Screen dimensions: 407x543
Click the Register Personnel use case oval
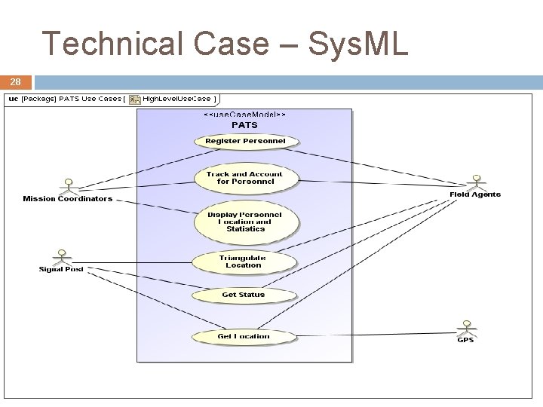tap(246, 141)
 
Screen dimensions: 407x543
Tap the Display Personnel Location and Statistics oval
tap(245, 222)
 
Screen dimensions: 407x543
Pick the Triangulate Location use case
tap(244, 262)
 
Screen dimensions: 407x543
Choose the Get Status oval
tap(243, 295)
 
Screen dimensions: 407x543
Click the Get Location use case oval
tap(243, 336)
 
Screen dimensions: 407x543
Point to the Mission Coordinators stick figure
tap(69, 186)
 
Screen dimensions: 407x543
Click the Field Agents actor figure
tap(475, 183)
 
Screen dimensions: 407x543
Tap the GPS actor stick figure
tap(466, 328)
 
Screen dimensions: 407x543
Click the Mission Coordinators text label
tap(67, 199)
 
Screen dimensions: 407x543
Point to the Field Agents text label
tap(475, 194)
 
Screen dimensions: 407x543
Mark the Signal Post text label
tap(61, 269)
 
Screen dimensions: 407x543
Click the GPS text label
tap(466, 340)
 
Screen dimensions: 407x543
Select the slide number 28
tap(16, 82)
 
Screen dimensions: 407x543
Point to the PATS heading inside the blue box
tap(244, 125)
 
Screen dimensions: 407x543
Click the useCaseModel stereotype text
tap(244, 115)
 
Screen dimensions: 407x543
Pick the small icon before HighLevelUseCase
tap(134, 99)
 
